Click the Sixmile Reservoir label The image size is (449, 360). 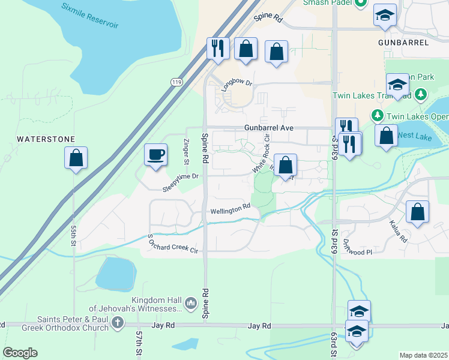(x=89, y=16)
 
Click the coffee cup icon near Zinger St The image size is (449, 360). (x=155, y=155)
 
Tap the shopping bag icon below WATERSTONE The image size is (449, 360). (x=76, y=158)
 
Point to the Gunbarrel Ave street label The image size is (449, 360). (x=268, y=128)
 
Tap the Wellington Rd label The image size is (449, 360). (x=230, y=208)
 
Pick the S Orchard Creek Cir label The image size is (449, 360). (x=173, y=242)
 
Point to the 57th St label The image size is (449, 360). (x=139, y=343)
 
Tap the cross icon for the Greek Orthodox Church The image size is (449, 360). (x=117, y=324)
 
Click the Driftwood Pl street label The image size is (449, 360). (x=358, y=248)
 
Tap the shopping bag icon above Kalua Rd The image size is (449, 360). (x=417, y=212)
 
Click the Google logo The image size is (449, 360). (x=20, y=353)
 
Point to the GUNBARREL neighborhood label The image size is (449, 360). (x=403, y=43)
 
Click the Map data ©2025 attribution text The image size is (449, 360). (x=423, y=355)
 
